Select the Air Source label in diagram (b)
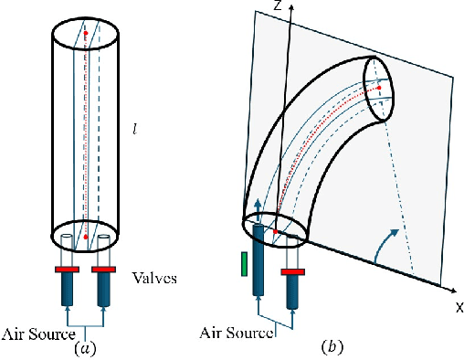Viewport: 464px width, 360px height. (237, 333)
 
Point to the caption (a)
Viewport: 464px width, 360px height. (85, 347)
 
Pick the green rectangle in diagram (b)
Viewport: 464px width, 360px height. (245, 264)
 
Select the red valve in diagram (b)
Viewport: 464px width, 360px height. (293, 271)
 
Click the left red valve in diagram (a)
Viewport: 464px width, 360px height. (67, 270)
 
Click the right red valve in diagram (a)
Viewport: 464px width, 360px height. (102, 270)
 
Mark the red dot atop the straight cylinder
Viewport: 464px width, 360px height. (85, 33)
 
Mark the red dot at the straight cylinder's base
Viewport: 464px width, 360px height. (85, 237)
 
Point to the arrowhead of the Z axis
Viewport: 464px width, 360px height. (290, 5)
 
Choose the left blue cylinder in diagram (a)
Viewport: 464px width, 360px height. (67, 290)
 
